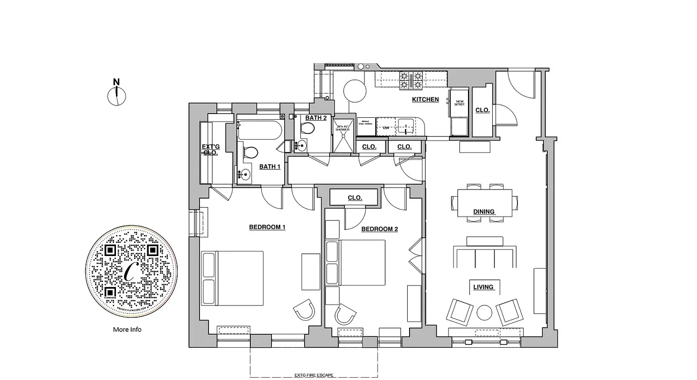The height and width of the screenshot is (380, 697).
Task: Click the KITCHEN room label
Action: pyautogui.click(x=425, y=99)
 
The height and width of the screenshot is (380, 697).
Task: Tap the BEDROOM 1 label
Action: pyautogui.click(x=267, y=227)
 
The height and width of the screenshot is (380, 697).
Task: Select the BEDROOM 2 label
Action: pyautogui.click(x=380, y=229)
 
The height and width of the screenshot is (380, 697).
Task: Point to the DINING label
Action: pyautogui.click(x=484, y=211)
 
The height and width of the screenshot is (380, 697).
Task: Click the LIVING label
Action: pyautogui.click(x=484, y=287)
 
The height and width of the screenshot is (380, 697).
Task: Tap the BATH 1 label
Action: pyautogui.click(x=269, y=167)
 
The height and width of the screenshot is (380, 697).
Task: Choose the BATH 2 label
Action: pyautogui.click(x=316, y=118)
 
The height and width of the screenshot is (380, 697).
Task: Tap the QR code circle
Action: pyautogui.click(x=132, y=271)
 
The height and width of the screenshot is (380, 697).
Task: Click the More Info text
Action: pyautogui.click(x=127, y=329)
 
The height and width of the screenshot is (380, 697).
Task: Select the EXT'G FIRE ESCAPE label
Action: pyautogui.click(x=314, y=375)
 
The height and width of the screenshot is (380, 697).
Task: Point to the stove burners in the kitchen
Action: pyautogui.click(x=411, y=80)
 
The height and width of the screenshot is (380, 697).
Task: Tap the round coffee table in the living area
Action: pyautogui.click(x=484, y=313)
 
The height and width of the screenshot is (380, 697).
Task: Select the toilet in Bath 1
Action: pyautogui.click(x=249, y=152)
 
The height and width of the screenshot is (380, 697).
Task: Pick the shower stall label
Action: pyautogui.click(x=343, y=127)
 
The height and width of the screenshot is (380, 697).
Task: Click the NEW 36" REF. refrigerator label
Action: pyautogui.click(x=459, y=103)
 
